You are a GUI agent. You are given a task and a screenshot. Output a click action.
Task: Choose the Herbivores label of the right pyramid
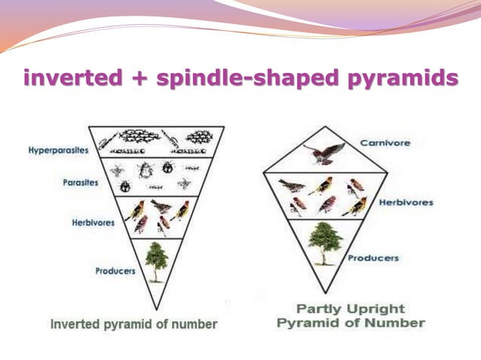(x=406, y=203)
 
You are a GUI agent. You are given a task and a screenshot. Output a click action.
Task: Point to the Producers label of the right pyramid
(x=373, y=258)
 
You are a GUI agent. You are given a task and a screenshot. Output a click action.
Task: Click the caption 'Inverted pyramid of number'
(x=133, y=325)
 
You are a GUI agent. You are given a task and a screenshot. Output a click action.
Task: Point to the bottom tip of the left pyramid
(x=157, y=310)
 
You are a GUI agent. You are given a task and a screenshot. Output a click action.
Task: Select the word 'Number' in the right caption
(x=397, y=323)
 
